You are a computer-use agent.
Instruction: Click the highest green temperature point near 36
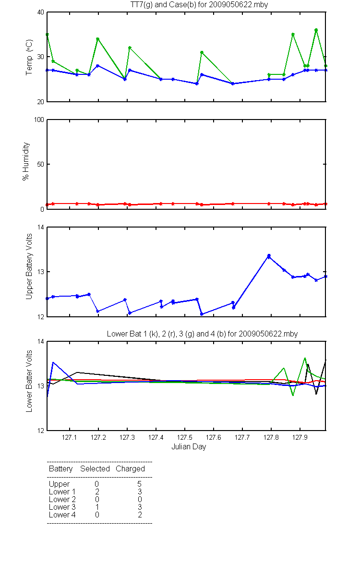(316, 30)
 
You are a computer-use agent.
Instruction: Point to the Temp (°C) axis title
(29, 57)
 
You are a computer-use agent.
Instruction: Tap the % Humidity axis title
(26, 161)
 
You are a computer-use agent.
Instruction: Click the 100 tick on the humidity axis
(39, 120)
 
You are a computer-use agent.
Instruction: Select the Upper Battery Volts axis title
(29, 266)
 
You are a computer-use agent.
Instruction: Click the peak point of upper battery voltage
(269, 256)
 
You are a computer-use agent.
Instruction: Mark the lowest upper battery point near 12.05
(202, 314)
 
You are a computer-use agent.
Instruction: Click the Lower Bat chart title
(202, 334)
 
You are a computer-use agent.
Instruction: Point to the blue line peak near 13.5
(53, 362)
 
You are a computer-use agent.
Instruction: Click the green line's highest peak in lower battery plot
(305, 358)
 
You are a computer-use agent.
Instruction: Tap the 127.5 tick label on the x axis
(185, 437)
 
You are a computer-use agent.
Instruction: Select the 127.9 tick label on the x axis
(300, 437)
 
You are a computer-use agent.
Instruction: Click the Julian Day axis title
(189, 447)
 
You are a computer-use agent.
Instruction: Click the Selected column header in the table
(95, 468)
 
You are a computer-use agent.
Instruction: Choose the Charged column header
(130, 469)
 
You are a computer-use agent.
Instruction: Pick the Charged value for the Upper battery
(139, 484)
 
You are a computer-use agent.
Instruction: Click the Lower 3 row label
(62, 507)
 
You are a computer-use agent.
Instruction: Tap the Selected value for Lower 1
(97, 492)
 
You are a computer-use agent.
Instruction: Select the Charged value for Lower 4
(140, 515)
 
